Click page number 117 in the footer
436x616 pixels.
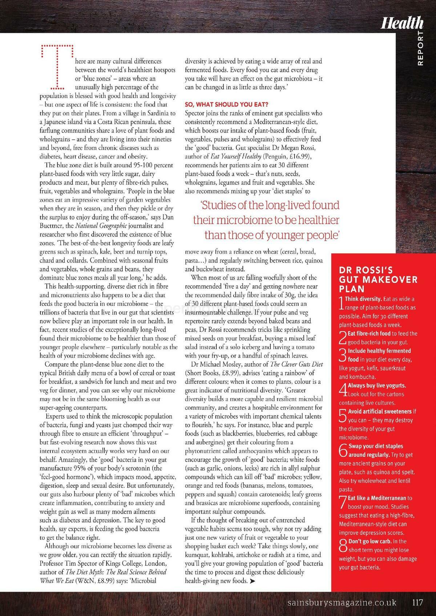point(417,603)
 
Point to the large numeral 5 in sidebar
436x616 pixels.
point(343,416)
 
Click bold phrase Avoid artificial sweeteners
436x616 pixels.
point(380,411)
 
